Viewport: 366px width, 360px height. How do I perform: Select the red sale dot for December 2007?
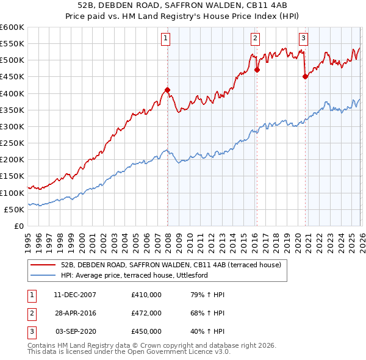[x=167, y=90]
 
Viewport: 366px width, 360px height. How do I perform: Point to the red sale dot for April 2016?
[x=257, y=70]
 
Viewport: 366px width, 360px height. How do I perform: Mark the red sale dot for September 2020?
[x=305, y=77]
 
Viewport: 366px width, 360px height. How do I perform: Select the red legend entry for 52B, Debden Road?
[x=171, y=265]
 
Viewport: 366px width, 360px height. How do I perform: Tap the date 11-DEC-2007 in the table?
[x=75, y=295]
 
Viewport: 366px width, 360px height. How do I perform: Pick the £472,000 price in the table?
[x=146, y=313]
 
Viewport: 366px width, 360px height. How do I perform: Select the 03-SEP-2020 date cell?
[x=76, y=331]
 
